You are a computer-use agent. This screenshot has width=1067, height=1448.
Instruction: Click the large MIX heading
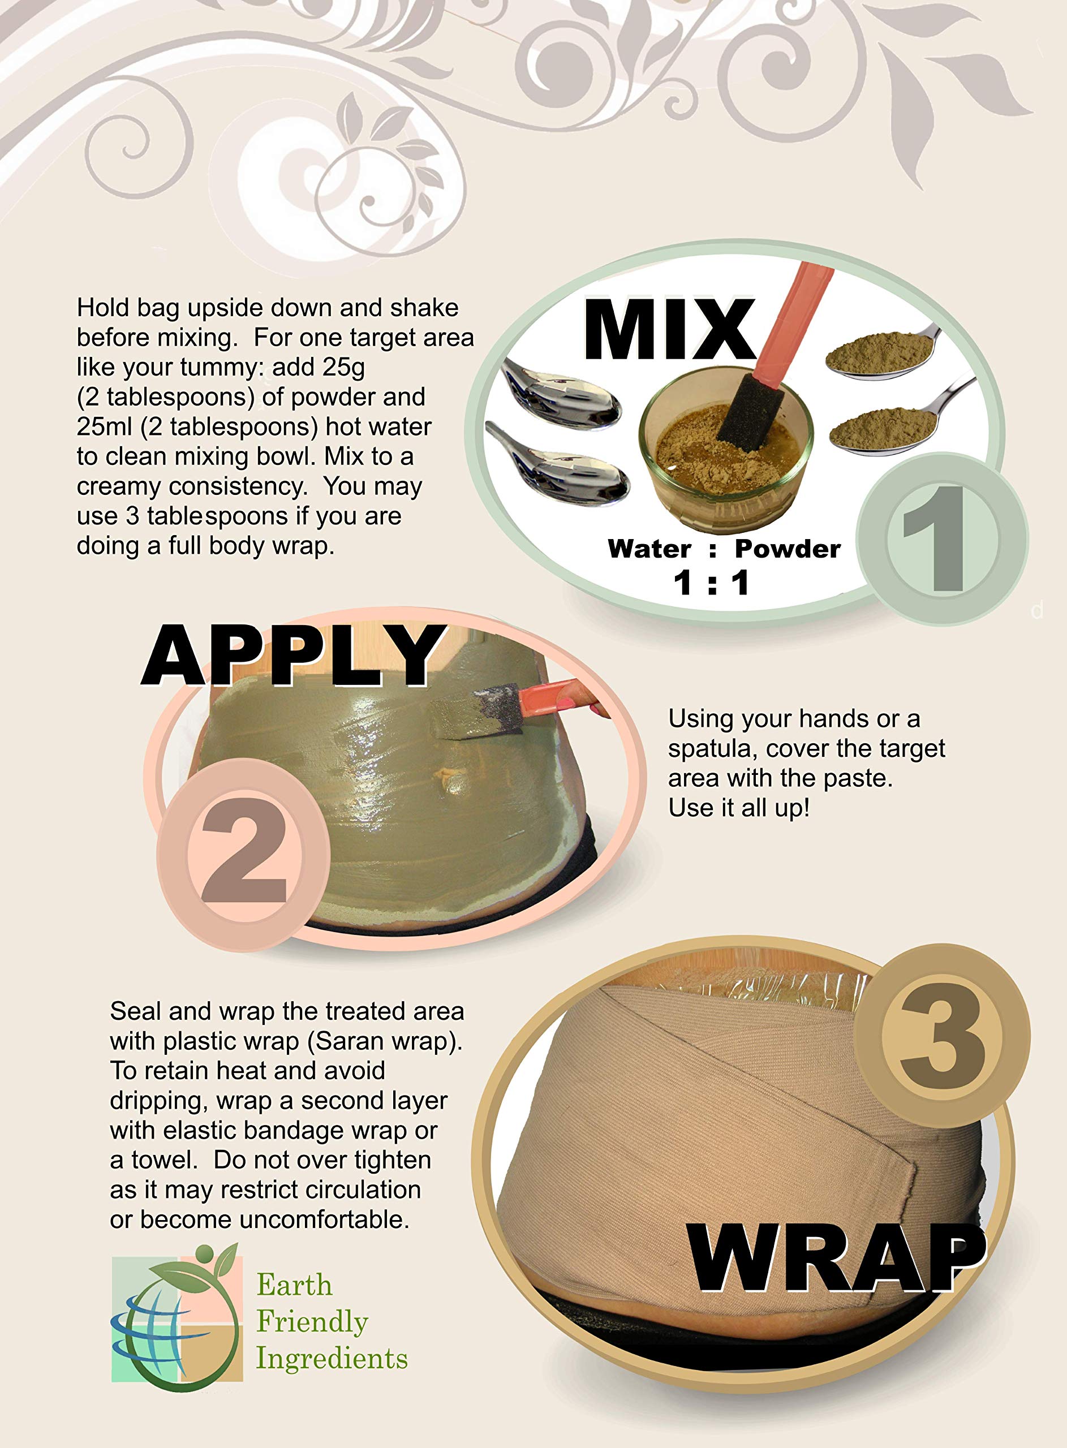669,329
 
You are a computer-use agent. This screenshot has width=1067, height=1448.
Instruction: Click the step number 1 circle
940,538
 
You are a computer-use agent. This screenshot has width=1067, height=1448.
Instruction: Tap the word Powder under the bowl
788,549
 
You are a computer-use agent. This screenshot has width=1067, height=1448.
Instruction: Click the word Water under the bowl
649,549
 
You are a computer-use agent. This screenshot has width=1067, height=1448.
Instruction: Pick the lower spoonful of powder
885,426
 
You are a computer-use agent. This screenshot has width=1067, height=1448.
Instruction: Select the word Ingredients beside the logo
332,1357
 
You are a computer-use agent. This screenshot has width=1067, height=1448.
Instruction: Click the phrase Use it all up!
739,808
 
